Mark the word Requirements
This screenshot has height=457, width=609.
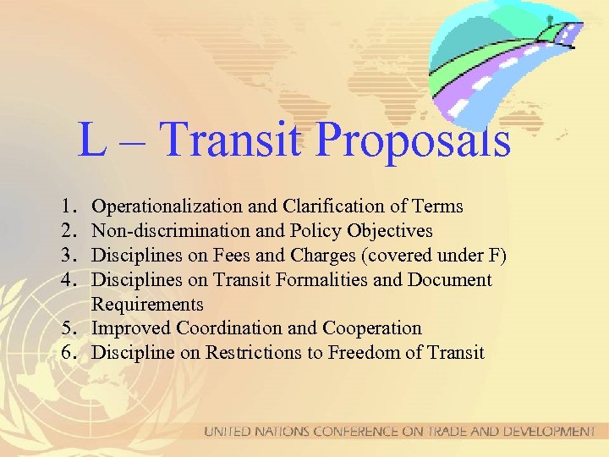[x=147, y=304]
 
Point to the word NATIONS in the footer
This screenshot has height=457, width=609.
[x=283, y=432]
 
